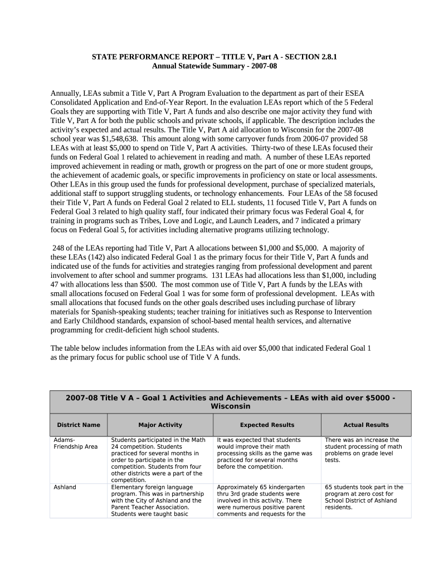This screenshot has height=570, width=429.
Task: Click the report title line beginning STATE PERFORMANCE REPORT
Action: click(214, 57)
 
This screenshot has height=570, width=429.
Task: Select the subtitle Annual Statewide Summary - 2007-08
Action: click(214, 66)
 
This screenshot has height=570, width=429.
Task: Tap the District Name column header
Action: click(79, 425)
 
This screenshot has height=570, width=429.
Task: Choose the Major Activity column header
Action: click(160, 425)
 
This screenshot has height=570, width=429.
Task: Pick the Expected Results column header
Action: click(267, 425)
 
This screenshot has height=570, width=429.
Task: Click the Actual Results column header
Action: click(366, 425)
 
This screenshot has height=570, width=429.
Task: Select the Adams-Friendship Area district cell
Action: click(75, 443)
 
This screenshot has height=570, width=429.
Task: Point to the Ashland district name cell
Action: click(65, 487)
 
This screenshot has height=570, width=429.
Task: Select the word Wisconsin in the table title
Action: click(230, 406)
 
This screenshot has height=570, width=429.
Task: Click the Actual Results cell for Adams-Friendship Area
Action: click(363, 450)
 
